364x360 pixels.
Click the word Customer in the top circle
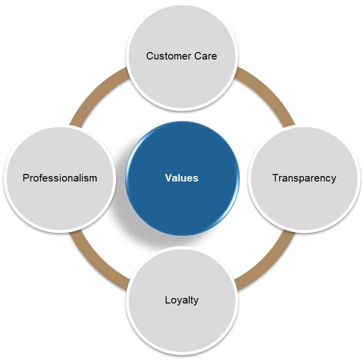point(164,56)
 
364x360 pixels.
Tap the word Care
point(207,56)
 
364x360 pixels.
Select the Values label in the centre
point(182,178)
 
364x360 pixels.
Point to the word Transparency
point(304,178)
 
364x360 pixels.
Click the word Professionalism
point(60,178)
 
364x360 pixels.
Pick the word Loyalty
point(182,300)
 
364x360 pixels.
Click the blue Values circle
point(182,200)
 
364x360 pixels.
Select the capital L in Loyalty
point(167,300)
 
